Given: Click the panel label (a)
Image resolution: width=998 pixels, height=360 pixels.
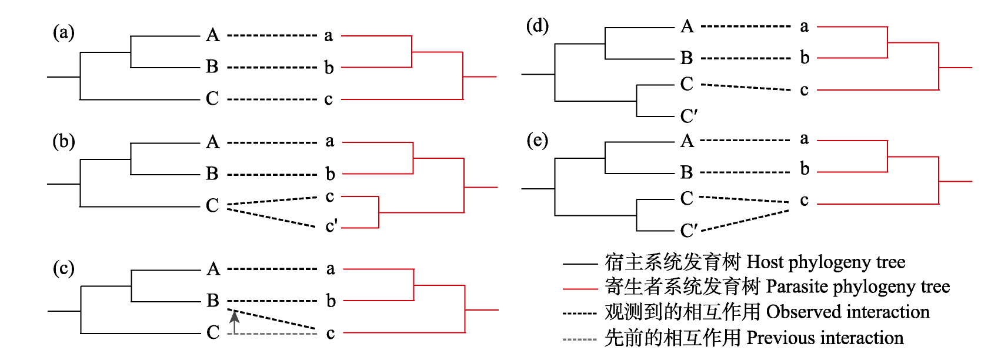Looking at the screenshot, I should pos(64,32).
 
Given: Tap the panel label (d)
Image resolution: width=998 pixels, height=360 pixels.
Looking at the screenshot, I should pos(537,26).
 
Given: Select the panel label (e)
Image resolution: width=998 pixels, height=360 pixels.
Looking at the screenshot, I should pos(537,141).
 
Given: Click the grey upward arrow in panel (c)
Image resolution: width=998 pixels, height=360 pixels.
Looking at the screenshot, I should pos(235,321).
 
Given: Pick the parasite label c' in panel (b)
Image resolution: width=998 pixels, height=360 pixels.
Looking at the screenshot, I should pos(332,226).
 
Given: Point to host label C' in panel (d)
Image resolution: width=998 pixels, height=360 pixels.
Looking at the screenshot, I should pos(689,116).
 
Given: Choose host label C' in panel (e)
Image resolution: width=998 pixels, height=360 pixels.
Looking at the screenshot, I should pos(689,230).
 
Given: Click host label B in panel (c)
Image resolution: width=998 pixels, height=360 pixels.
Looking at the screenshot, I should pos(213,301).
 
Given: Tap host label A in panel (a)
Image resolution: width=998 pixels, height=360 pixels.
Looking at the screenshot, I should pos(213,35).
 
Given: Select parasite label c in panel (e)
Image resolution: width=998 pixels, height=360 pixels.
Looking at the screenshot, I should pos(804,201).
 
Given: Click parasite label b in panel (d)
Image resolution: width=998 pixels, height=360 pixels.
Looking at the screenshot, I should pos(805,58).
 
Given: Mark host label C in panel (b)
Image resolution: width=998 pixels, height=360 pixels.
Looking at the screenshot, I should pos(212,205).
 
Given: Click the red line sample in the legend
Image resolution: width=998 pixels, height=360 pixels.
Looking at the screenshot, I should pos(580,289).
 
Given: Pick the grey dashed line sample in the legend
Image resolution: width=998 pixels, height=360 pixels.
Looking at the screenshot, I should pos(580,339).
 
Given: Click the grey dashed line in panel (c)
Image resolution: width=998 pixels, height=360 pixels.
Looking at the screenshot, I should pos(276,334).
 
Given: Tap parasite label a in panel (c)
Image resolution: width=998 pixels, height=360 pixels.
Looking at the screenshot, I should pos(331,269).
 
